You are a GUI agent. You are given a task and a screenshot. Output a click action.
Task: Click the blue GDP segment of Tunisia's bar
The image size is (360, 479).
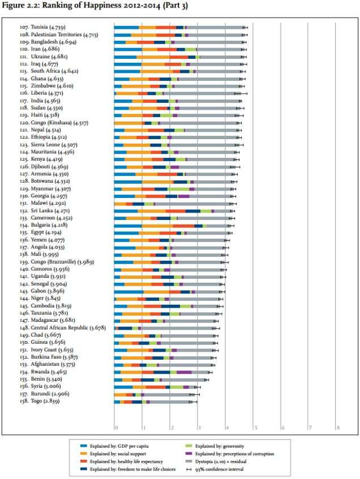click(126, 27)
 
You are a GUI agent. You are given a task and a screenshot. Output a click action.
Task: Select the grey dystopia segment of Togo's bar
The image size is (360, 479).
click(170, 402)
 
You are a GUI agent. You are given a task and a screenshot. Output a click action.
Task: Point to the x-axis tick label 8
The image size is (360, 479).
click(337, 428)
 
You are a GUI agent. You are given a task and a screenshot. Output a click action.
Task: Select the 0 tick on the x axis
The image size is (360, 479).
click(115, 428)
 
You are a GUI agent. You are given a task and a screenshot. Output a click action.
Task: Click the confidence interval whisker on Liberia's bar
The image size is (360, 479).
click(241, 93)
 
